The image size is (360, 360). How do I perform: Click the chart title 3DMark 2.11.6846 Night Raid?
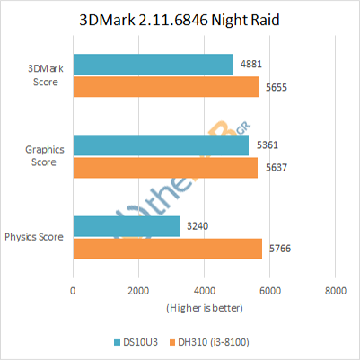tap(180, 21)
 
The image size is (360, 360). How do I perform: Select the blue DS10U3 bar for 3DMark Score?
tap(153, 64)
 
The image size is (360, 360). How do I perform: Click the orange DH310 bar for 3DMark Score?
tap(165, 86)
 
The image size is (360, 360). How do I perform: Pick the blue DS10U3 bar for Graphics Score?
tap(161, 145)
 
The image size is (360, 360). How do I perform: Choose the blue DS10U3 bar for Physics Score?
tap(126, 226)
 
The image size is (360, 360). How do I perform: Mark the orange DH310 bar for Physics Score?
tap(167, 249)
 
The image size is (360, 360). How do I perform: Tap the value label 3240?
tap(195, 227)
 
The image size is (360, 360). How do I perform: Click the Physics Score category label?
tap(34, 237)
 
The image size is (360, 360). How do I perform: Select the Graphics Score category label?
tap(41, 156)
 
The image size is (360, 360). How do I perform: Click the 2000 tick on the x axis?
tap(138, 290)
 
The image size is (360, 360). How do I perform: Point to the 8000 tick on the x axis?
tap(335, 290)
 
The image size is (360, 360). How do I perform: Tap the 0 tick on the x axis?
tap(73, 290)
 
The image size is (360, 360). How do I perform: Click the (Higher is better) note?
tap(203, 307)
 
